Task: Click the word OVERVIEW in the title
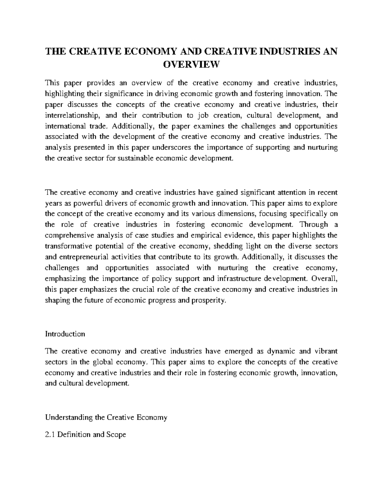pyautogui.click(x=191, y=65)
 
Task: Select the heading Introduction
pyautogui.click(x=65, y=334)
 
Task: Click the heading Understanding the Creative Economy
pyautogui.click(x=106, y=417)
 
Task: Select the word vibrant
pyautogui.click(x=326, y=351)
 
